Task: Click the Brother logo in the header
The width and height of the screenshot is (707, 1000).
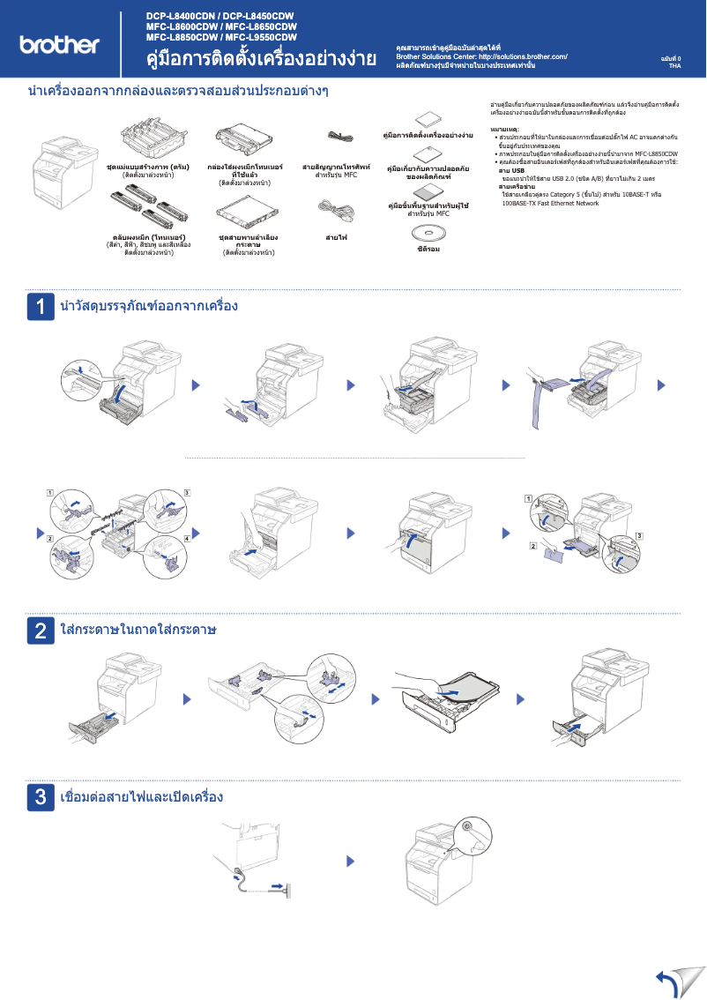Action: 59,45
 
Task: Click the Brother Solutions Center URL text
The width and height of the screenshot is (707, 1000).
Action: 481,56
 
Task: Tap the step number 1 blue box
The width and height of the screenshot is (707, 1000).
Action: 41,306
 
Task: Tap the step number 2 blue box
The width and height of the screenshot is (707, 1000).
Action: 41,631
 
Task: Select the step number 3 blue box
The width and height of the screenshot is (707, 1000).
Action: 41,797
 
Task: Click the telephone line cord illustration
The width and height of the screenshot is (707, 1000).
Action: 340,136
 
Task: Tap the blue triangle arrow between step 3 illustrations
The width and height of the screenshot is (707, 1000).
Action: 351,861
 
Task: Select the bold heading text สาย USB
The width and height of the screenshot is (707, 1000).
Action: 511,170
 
